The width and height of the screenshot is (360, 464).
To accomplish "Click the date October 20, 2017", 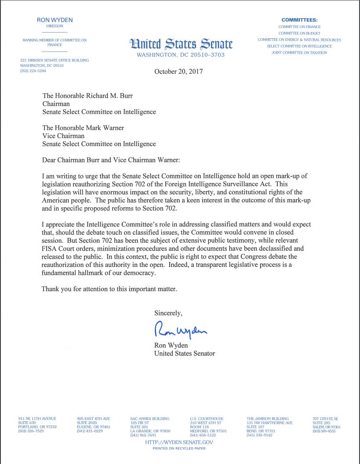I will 178,72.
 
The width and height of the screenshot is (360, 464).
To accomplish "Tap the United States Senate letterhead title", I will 181,44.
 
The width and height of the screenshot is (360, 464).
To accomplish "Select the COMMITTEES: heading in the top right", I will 299,20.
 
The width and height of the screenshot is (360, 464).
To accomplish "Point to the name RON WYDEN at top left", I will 55,20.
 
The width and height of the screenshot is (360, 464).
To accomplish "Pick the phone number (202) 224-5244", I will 33,71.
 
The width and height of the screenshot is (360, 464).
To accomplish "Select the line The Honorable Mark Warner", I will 83,128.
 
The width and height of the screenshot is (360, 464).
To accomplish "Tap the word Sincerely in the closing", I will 168,313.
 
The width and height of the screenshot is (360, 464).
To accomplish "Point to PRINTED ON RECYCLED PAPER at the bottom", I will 179,449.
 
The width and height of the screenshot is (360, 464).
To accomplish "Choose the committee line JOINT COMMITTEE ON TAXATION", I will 299,53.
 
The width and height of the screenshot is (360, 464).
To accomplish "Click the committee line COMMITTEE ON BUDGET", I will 299,33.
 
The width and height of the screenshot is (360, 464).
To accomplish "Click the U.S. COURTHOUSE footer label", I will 207,419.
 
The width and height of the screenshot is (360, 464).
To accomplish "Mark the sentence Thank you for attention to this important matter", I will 109,289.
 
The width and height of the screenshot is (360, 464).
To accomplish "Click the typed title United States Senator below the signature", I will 185,353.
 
